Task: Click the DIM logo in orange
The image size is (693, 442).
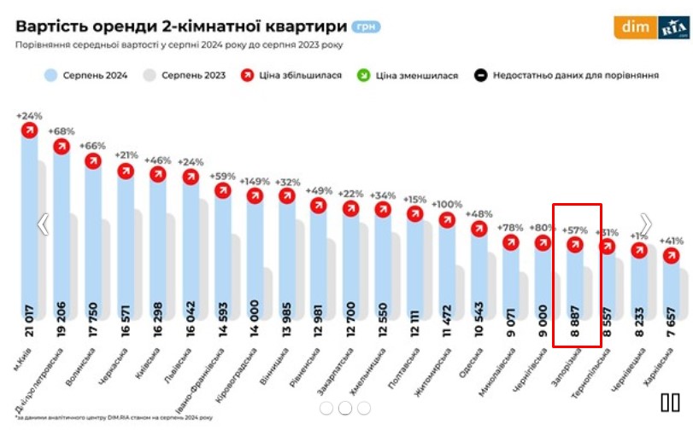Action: coord(634,28)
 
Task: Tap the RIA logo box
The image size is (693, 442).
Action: coord(673,28)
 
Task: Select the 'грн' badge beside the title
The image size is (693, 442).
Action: coord(365,26)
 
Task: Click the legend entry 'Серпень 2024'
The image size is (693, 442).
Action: coord(85,75)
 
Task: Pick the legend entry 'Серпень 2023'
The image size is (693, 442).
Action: coord(183,75)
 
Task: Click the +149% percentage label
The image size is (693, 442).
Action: coord(255,181)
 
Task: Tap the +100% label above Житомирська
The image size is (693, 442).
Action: coord(447,205)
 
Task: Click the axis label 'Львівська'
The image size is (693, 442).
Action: coord(179,363)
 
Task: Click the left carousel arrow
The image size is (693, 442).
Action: coord(42,224)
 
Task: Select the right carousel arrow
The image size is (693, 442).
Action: coord(646,224)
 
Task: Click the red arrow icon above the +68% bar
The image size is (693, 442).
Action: coord(62,146)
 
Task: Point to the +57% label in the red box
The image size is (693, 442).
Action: coord(576,230)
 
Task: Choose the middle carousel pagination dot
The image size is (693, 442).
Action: coord(345,408)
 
